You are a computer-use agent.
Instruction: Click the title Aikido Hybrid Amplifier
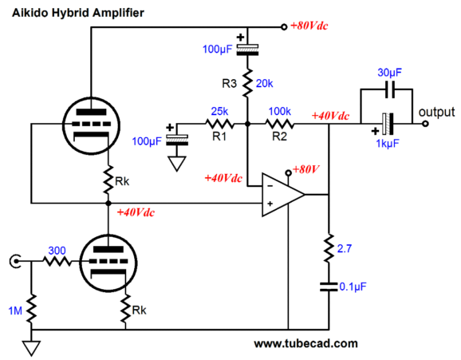click(78, 13)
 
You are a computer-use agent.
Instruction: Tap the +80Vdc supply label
click(309, 26)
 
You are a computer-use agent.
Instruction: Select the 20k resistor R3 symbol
click(247, 83)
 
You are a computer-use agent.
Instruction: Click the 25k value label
click(219, 111)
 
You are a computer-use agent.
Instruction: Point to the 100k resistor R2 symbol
click(280, 124)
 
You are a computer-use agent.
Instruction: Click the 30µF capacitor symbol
click(390, 89)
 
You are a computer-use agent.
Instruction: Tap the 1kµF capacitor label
click(388, 144)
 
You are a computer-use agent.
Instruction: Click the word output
click(436, 112)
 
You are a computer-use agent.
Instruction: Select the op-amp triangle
click(283, 195)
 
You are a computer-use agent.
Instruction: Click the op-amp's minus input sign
click(270, 186)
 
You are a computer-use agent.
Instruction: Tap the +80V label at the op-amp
click(305, 169)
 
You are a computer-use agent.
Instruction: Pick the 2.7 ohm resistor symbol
click(329, 248)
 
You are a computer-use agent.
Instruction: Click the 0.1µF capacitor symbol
click(329, 287)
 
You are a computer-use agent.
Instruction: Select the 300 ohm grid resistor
click(57, 261)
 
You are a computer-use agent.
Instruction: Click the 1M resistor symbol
click(31, 308)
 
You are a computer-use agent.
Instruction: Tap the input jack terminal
click(15, 261)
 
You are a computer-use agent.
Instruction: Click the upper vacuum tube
click(91, 125)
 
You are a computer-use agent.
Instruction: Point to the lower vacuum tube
click(108, 263)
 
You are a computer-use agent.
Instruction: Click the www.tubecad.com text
click(305, 343)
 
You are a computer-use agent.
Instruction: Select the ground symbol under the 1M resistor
click(31, 348)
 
